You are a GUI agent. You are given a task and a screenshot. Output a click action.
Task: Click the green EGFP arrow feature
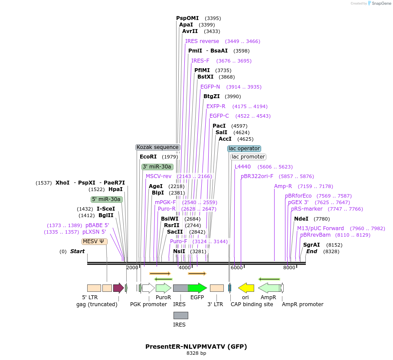pyautogui.click(x=198, y=288)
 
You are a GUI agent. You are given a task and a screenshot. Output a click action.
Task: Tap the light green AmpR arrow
pyautogui.click(x=269, y=288)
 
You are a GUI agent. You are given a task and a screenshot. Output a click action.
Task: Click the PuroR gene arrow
pyautogui.click(x=163, y=288)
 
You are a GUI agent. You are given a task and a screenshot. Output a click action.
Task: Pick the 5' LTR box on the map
pyautogui.click(x=94, y=288)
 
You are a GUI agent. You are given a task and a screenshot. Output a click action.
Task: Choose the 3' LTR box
pyautogui.click(x=216, y=288)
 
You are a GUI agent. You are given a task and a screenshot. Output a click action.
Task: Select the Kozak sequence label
pyautogui.click(x=157, y=147)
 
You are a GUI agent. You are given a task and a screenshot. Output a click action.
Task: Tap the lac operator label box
pyautogui.click(x=244, y=149)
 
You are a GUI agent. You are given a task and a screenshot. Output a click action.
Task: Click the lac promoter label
pyautogui.click(x=248, y=157)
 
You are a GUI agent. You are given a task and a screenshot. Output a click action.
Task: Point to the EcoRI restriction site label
pyautogui.click(x=148, y=157)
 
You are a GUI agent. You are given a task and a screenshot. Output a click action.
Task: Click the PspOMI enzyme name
pyautogui.click(x=187, y=18)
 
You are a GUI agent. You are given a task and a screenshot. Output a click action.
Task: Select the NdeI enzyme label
pyautogui.click(x=301, y=219)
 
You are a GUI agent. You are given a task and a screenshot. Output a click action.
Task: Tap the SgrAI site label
pyautogui.click(x=311, y=245)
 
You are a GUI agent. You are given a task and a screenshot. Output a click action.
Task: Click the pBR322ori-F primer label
pyautogui.click(x=257, y=176)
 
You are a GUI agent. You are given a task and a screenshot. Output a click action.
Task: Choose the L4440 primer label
pyautogui.click(x=242, y=167)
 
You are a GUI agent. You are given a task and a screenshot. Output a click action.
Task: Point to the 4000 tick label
pyautogui.click(x=185, y=268)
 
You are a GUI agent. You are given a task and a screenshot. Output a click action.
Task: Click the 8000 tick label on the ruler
pyautogui.click(x=289, y=268)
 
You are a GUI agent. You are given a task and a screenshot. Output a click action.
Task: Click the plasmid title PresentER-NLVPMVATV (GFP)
pyautogui.click(x=196, y=347)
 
